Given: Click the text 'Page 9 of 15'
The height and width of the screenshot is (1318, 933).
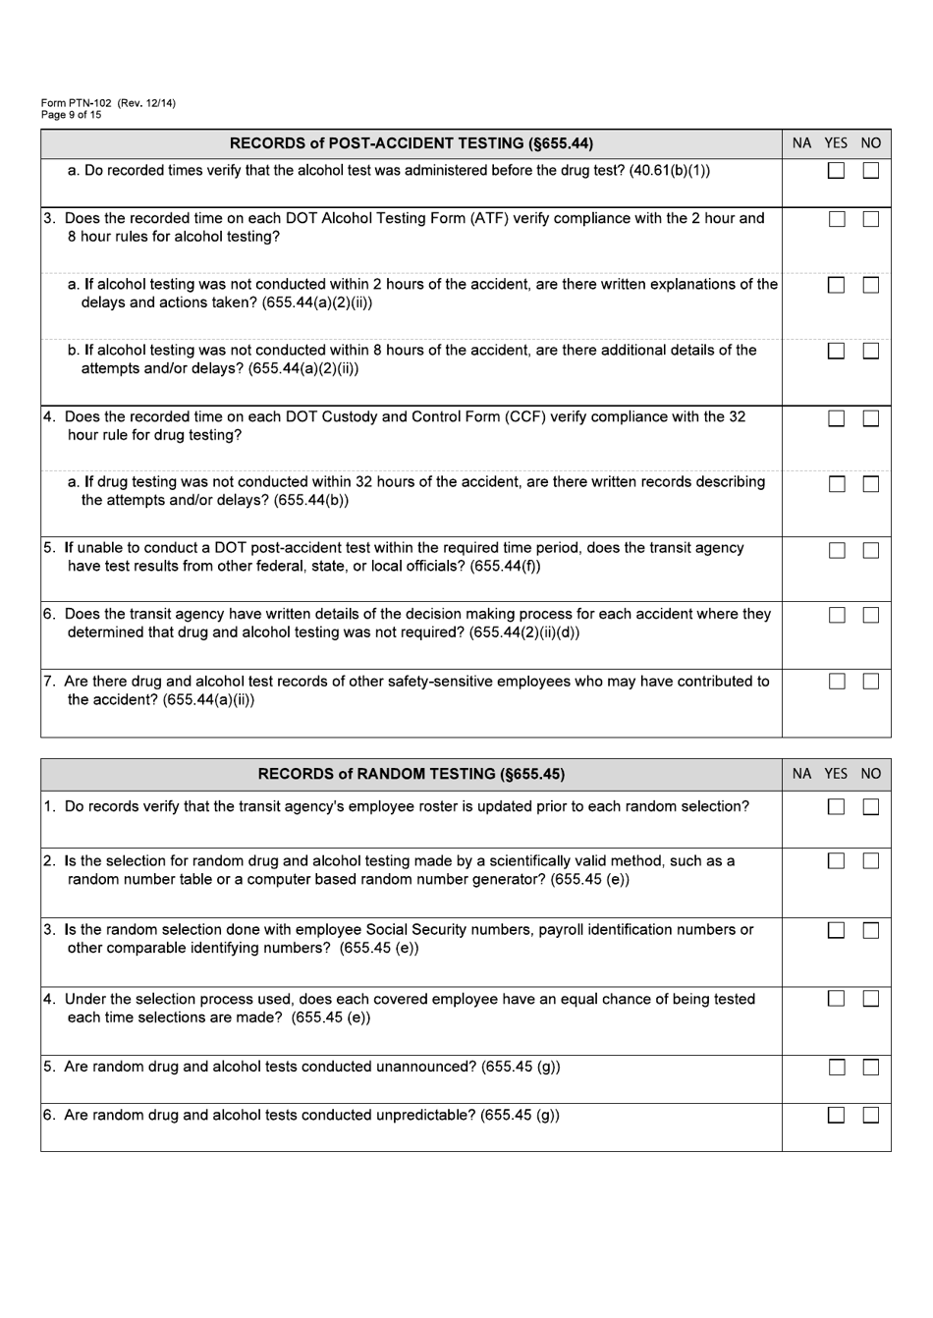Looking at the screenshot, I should (x=71, y=115).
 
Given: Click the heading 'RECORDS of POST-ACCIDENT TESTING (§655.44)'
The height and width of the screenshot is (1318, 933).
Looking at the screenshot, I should (x=411, y=143).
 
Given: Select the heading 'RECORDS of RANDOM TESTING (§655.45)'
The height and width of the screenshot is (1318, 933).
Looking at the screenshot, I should (x=411, y=774).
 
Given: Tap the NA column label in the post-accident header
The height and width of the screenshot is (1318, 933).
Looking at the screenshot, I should (x=802, y=143).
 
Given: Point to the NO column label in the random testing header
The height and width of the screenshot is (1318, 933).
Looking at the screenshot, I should (x=870, y=774).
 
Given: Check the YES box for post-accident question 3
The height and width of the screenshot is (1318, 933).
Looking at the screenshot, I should (x=836, y=220).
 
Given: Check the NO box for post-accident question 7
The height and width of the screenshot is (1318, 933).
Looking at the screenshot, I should (x=871, y=682).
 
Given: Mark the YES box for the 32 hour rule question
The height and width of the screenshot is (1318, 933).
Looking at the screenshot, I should (x=836, y=418).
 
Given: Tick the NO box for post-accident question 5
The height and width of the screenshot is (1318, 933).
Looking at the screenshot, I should (x=871, y=550).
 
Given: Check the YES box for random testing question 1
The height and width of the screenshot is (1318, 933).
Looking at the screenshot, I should (x=836, y=807).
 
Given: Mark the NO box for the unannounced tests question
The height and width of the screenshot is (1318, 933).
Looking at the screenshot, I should (x=871, y=1068).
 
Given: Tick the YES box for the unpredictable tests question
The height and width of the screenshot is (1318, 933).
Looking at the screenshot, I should (x=836, y=1115).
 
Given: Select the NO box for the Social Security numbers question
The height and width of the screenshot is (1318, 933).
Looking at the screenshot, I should (x=871, y=930).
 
